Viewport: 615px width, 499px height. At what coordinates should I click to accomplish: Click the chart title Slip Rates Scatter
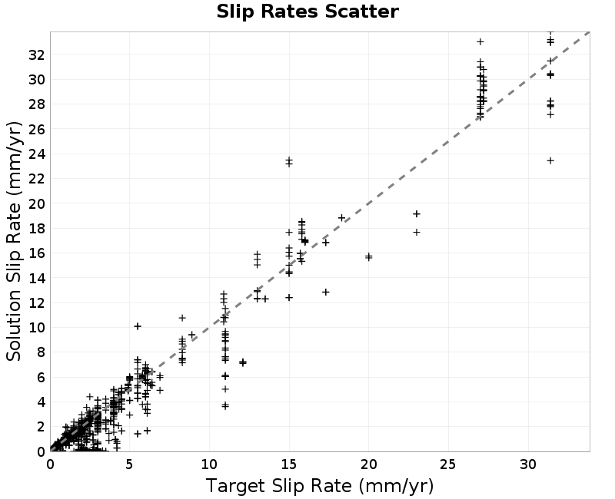tap(307, 12)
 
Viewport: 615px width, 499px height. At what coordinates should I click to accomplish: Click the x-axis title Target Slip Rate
tap(320, 487)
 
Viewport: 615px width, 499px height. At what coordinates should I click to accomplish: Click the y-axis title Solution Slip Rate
tap(14, 241)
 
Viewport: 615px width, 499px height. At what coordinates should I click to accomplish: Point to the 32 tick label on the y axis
tap(36, 55)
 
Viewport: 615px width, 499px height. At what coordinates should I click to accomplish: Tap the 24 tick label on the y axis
tap(36, 154)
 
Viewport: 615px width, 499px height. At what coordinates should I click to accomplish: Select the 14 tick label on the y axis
tap(36, 278)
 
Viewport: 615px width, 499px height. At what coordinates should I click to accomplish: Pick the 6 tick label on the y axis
tap(41, 377)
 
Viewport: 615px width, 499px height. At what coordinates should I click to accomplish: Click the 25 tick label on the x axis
tap(448, 464)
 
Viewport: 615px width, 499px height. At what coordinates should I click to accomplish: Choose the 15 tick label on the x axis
tap(289, 464)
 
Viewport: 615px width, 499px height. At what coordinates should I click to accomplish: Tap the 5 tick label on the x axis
tap(130, 464)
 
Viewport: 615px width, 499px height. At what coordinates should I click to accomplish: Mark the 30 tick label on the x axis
tap(528, 464)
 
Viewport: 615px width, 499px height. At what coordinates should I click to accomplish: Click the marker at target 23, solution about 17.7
tap(417, 233)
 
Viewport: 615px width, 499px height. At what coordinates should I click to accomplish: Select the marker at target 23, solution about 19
tap(417, 214)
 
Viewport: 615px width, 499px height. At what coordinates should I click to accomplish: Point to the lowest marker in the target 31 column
tap(550, 160)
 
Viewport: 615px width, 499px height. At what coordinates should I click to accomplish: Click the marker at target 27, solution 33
tap(480, 41)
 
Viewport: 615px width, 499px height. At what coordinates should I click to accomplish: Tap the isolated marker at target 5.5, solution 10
tap(138, 326)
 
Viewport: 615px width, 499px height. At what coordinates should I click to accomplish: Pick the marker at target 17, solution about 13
tap(325, 292)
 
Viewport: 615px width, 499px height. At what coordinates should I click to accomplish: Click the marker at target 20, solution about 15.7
tap(369, 257)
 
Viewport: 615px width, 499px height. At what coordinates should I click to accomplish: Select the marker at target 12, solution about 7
tap(243, 362)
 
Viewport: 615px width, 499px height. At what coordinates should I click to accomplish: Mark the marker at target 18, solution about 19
tap(341, 218)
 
